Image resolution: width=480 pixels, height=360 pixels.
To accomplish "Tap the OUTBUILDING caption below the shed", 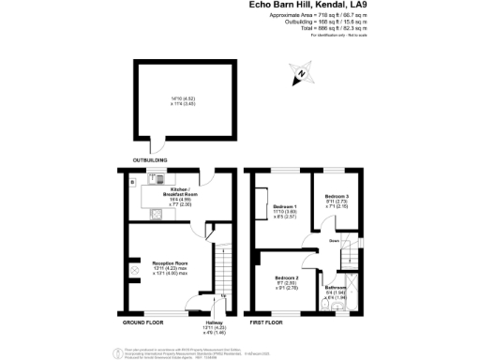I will tap(148, 160).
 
